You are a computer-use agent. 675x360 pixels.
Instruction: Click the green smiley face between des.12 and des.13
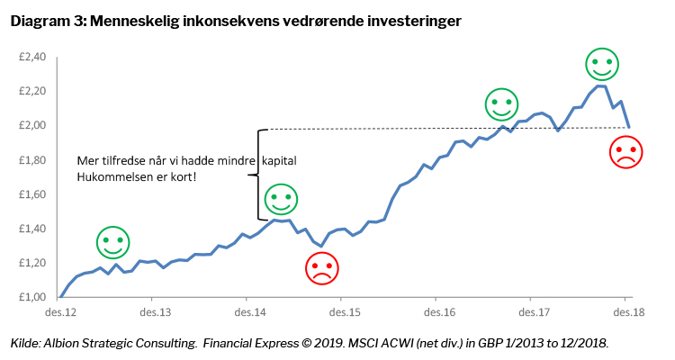click(x=113, y=242)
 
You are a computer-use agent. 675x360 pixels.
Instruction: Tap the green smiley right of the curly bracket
click(x=280, y=198)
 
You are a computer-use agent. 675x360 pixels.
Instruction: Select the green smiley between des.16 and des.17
click(x=502, y=104)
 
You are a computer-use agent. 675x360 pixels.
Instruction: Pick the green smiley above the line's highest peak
click(x=602, y=64)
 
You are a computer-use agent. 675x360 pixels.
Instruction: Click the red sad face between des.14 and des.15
click(x=321, y=267)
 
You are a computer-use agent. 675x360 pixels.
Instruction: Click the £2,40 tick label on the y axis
click(x=31, y=58)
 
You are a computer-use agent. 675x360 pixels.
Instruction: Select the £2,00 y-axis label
click(x=31, y=126)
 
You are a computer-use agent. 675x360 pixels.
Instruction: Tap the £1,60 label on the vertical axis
click(x=31, y=194)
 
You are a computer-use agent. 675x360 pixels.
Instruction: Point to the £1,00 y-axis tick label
click(x=31, y=297)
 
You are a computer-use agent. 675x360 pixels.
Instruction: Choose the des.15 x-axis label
click(x=342, y=312)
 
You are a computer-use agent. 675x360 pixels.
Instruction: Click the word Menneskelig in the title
click(x=132, y=20)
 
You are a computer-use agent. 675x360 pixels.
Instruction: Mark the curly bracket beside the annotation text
click(x=260, y=174)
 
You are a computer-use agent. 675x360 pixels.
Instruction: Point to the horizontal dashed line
click(x=405, y=127)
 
